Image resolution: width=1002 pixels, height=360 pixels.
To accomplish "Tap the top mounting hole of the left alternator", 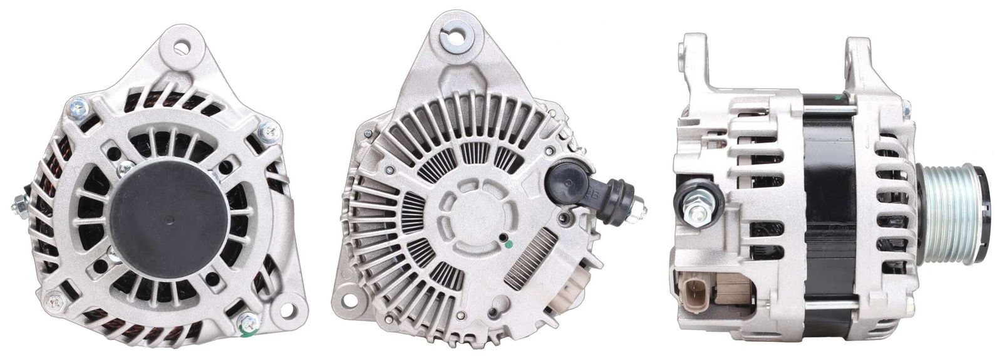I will tap(182, 47).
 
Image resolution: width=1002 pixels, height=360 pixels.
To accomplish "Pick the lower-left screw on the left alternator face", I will tap(56, 302).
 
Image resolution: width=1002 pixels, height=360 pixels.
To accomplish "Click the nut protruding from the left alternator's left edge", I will tap(21, 204).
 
